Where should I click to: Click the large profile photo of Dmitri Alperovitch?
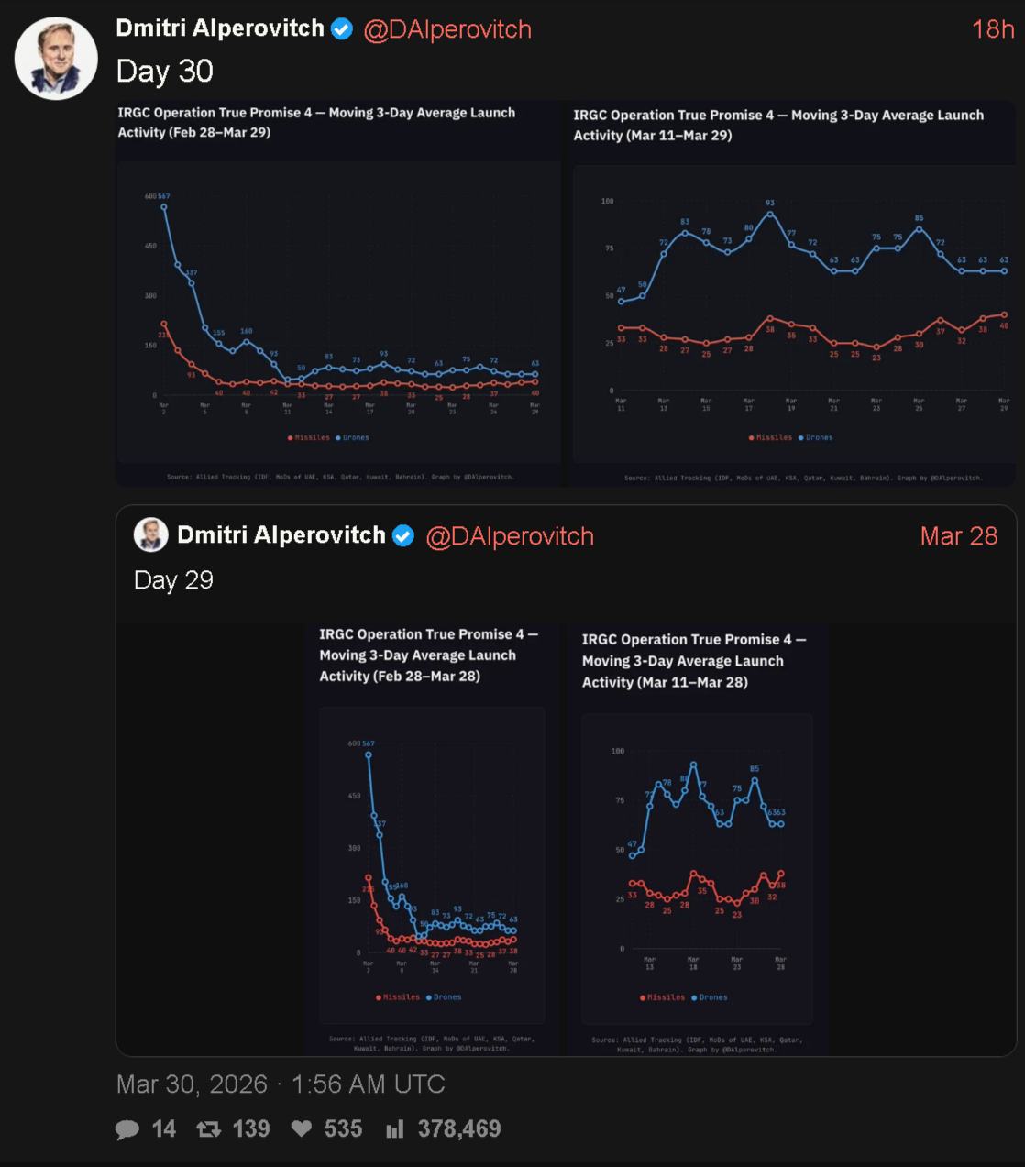pyautogui.click(x=56, y=59)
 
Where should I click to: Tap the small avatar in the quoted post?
pyautogui.click(x=150, y=534)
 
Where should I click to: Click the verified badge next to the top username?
pyautogui.click(x=342, y=29)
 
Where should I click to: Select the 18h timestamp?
pyautogui.click(x=992, y=29)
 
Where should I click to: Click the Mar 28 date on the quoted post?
pyautogui.click(x=958, y=536)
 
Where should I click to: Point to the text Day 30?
pyautogui.click(x=165, y=72)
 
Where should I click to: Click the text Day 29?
pyautogui.click(x=173, y=580)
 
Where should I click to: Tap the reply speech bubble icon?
pyautogui.click(x=127, y=1129)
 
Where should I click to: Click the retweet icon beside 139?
pyautogui.click(x=209, y=1129)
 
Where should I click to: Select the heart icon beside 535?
pyautogui.click(x=302, y=1129)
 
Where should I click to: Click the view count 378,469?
pyautogui.click(x=458, y=1129)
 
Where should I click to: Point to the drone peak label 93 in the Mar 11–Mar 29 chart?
pyautogui.click(x=770, y=203)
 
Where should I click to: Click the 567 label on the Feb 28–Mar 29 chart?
pyautogui.click(x=164, y=196)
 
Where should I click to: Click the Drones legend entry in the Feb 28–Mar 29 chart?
pyautogui.click(x=353, y=437)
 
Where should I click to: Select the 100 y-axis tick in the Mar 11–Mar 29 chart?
pyautogui.click(x=607, y=201)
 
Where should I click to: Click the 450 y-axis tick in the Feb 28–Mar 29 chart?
pyautogui.click(x=150, y=246)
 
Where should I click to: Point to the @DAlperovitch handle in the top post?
pyautogui.click(x=447, y=29)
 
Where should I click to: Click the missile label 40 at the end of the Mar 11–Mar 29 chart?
pyautogui.click(x=1004, y=325)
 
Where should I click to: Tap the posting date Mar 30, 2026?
pyautogui.click(x=192, y=1084)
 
